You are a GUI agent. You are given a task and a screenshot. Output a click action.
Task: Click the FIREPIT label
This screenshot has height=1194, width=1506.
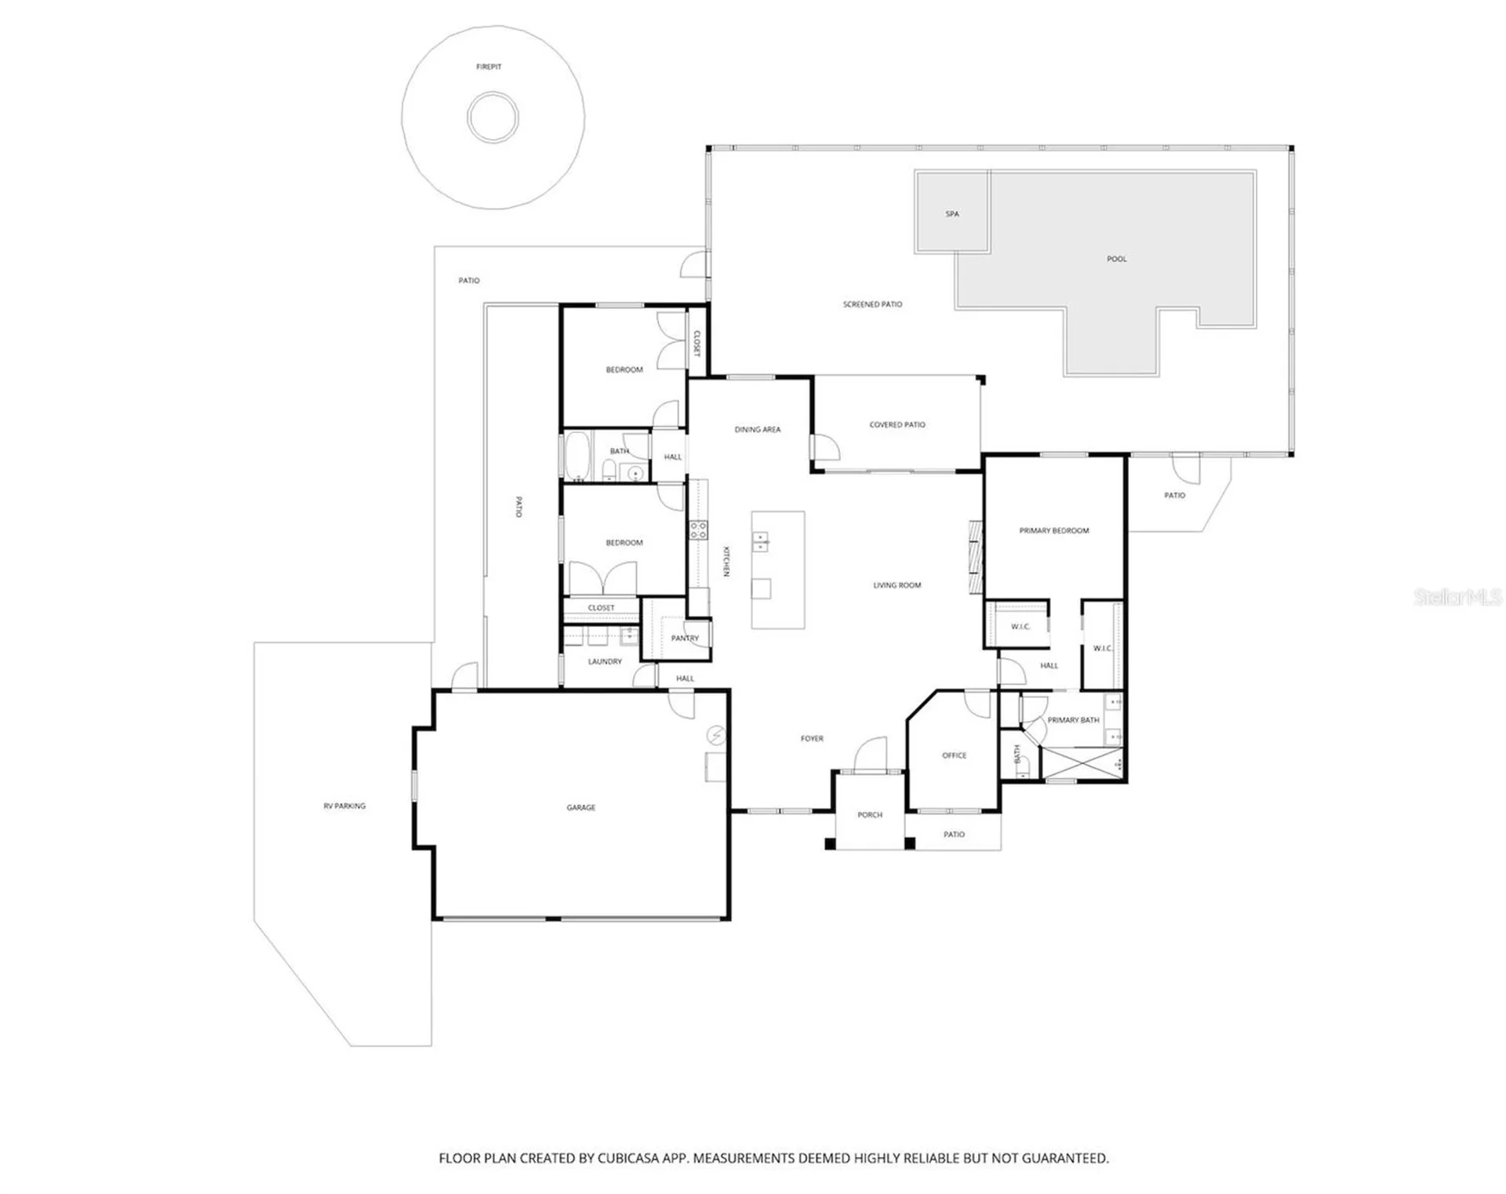coord(489,67)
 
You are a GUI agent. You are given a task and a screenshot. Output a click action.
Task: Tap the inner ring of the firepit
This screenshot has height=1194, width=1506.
coord(493,93)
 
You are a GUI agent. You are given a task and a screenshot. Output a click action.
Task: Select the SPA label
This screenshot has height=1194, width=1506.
coord(952,213)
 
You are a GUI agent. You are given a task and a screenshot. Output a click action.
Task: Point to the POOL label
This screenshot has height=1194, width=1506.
coord(1116,259)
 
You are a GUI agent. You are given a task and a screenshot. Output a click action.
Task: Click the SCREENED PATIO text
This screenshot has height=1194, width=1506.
coord(872,304)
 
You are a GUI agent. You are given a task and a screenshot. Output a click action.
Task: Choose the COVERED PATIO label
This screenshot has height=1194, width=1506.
coord(897,424)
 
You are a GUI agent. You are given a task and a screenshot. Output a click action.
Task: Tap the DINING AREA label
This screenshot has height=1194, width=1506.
coord(758,429)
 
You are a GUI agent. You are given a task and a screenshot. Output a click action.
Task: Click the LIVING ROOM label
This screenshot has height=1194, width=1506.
coord(897,585)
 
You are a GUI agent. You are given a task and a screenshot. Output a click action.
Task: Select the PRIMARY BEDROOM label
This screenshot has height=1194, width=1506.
coord(1054,530)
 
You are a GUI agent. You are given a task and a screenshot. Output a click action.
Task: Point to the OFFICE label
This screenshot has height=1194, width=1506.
coord(955,755)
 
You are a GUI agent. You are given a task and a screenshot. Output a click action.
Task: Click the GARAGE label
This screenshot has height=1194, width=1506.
coord(581,807)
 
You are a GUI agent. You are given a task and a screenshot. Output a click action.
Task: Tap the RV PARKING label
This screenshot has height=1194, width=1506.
coord(344,806)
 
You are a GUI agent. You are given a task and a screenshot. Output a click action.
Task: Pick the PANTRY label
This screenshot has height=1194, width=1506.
coord(685,638)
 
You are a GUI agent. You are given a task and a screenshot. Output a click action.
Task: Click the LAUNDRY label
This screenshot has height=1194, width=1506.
coord(605,661)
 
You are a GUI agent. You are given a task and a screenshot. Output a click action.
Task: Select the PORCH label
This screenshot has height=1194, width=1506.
coord(870,815)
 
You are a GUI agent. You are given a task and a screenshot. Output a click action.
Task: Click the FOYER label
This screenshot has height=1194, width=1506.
coord(812,738)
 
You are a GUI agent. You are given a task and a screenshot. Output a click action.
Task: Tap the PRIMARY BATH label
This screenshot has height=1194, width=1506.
coord(1073,719)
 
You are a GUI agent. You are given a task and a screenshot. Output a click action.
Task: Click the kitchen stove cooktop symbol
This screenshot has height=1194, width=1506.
coord(698,530)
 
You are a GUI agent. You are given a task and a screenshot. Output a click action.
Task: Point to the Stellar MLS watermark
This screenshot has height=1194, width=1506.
coord(1457,597)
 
